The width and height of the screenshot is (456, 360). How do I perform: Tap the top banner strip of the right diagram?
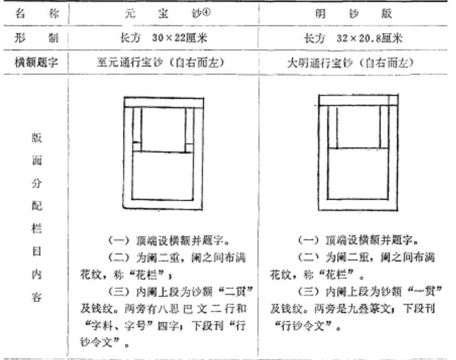point(353,100)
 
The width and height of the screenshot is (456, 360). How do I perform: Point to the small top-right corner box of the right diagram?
point(393,100)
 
